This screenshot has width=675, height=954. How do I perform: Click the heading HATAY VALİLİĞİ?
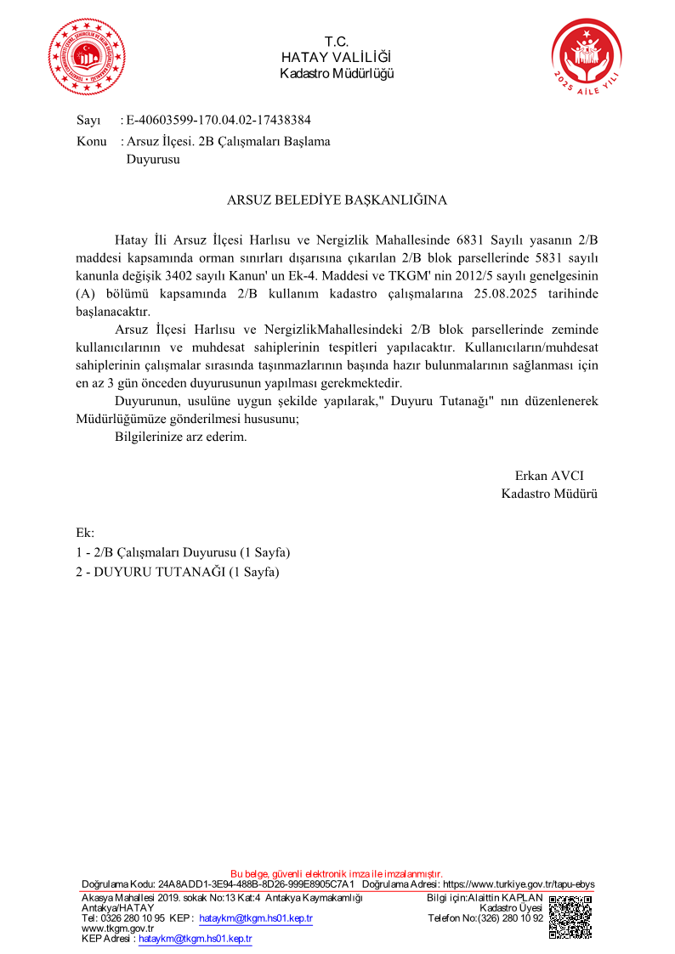pyautogui.click(x=337, y=57)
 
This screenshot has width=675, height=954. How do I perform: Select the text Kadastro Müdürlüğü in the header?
pyautogui.click(x=337, y=73)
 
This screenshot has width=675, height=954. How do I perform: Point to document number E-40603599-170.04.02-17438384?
pyautogui.click(x=218, y=121)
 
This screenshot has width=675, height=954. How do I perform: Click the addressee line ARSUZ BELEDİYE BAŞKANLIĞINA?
pyautogui.click(x=337, y=200)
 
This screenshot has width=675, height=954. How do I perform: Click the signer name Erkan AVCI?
pyautogui.click(x=549, y=475)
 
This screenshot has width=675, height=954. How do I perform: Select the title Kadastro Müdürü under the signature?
pyautogui.click(x=549, y=493)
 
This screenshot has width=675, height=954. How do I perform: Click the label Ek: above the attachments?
pyautogui.click(x=85, y=533)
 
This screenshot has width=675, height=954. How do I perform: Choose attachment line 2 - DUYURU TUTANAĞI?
pyautogui.click(x=178, y=572)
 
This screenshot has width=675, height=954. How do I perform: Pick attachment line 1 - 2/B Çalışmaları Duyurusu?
pyautogui.click(x=184, y=553)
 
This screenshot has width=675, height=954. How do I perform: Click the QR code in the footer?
pyautogui.click(x=571, y=917)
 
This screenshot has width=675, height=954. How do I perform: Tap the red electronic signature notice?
pyautogui.click(x=337, y=873)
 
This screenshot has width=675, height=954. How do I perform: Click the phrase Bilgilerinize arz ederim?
pyautogui.click(x=180, y=437)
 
